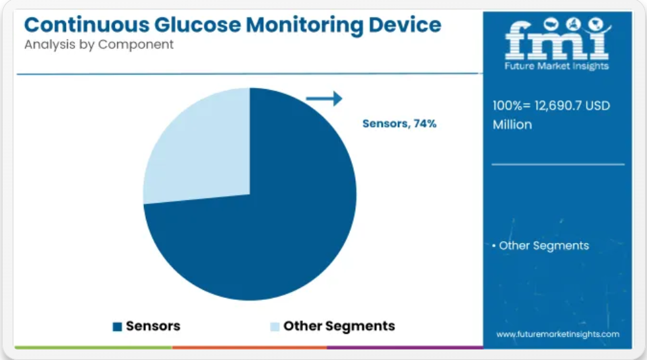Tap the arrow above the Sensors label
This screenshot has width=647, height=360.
click(324, 98)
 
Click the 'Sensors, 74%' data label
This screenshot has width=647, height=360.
click(399, 124)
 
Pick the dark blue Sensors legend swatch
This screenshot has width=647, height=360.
click(118, 326)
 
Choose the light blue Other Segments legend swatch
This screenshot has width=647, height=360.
click(275, 326)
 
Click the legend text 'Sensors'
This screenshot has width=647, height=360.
click(153, 326)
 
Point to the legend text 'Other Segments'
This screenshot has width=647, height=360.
click(339, 326)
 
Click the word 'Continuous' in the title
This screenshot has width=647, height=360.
click(86, 25)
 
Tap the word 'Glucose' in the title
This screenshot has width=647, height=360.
click(197, 25)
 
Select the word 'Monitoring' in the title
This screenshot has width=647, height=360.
click(304, 26)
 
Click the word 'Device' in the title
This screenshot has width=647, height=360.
click(405, 25)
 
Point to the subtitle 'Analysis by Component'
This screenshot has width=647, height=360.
click(99, 45)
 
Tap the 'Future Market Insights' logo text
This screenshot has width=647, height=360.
click(557, 66)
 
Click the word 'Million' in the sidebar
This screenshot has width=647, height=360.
click(512, 125)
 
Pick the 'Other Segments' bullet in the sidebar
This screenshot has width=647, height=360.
click(541, 246)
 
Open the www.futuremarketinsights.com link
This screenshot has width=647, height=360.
click(558, 334)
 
